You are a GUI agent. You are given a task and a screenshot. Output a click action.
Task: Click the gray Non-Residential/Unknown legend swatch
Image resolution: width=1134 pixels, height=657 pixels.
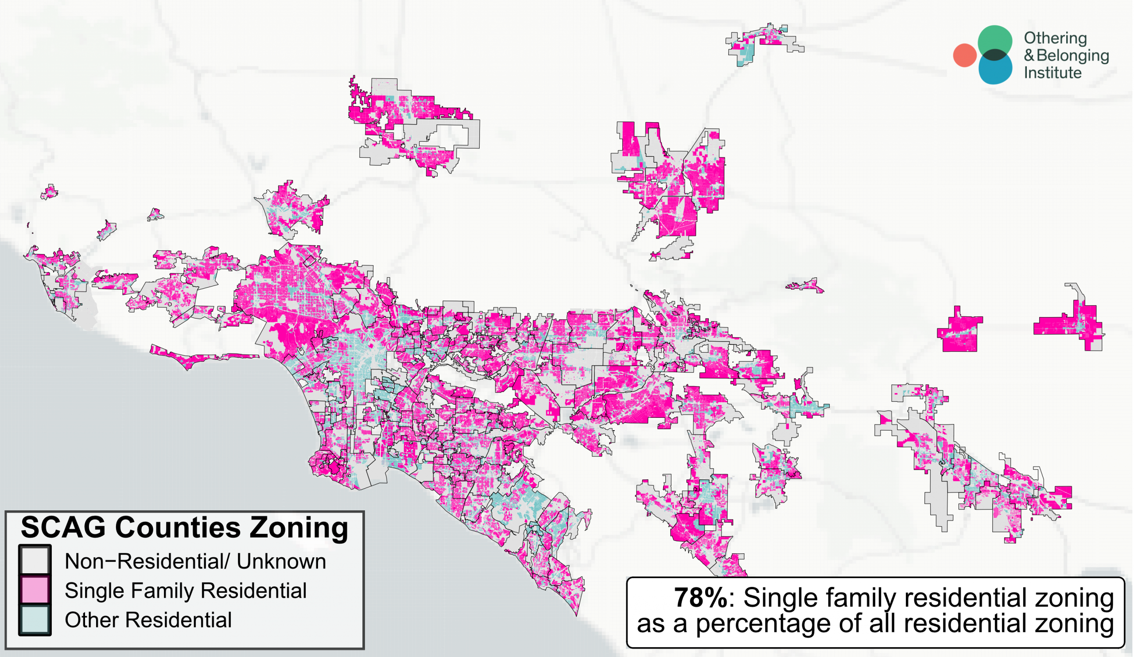[35, 560]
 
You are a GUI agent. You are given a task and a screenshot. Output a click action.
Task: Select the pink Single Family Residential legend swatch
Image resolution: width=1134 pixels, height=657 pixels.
[35, 590]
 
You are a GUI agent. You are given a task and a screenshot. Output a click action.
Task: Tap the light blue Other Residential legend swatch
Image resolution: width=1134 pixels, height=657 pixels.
[35, 619]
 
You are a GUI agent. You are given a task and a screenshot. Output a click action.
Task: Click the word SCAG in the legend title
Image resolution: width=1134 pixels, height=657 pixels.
[62, 527]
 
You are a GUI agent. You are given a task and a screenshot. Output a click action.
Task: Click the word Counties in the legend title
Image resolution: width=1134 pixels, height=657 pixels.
[178, 527]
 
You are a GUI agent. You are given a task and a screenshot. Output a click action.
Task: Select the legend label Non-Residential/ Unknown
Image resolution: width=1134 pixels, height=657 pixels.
[195, 561]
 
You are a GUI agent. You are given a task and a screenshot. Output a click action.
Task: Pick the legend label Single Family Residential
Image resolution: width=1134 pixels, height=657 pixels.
[186, 591]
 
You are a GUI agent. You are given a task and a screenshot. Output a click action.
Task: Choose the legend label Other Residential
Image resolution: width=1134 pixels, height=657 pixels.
[148, 620]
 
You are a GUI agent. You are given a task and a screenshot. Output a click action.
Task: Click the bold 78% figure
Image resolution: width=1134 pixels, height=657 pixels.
[700, 598]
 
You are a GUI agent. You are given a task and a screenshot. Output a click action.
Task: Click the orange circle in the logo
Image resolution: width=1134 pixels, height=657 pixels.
[964, 55]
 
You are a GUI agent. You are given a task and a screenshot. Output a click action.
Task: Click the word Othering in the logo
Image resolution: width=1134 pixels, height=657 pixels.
[1055, 38]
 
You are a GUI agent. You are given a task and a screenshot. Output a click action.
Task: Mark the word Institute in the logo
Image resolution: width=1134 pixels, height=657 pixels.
[1052, 73]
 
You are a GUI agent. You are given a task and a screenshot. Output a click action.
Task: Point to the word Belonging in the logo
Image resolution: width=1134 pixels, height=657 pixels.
[1072, 55]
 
